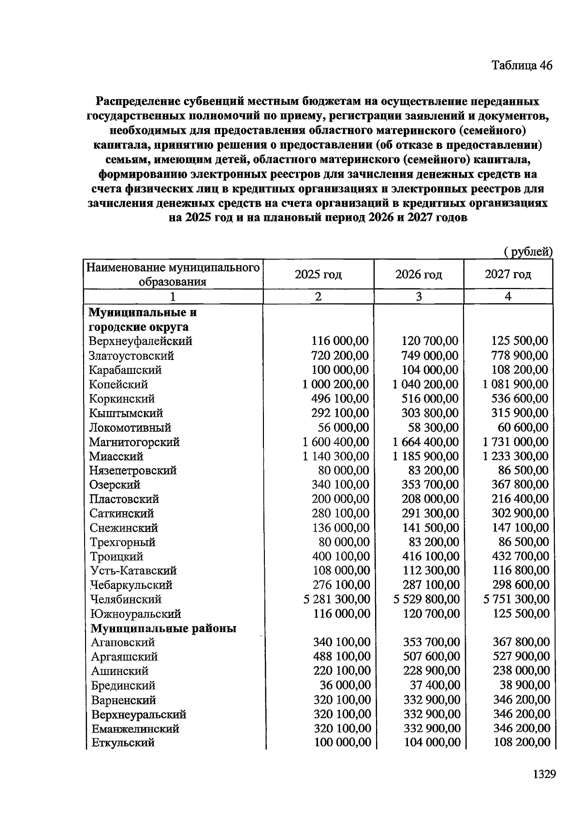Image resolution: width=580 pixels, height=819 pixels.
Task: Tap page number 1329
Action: coord(545,774)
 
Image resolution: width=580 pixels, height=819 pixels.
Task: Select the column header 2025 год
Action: coord(318,274)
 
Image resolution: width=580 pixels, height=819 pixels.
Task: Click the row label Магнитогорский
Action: coord(134,442)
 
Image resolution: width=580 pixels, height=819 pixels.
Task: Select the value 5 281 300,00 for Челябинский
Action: coord(337,599)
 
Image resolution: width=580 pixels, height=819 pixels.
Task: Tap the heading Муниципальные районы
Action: coord(163,628)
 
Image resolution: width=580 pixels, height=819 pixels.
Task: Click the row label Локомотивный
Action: coord(130,428)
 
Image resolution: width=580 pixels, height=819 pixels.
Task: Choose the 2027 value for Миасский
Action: coord(515,456)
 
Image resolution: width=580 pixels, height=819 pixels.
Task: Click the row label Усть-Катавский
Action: coord(133,571)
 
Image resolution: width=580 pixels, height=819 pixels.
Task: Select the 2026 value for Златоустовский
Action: coord(430,356)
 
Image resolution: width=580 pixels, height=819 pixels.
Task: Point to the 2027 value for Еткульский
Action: coord(522,742)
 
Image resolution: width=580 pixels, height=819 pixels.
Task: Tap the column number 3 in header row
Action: coord(419,296)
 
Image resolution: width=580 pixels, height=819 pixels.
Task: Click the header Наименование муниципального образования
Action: coord(173,274)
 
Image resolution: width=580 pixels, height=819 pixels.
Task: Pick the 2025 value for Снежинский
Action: coord(340,528)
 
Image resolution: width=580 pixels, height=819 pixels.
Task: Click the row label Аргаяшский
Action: coord(124,657)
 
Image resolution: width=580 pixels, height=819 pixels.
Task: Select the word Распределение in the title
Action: coord(138,101)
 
